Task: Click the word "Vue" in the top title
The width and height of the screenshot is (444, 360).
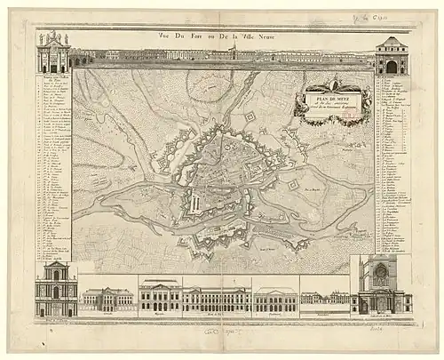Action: pyautogui.click(x=165, y=36)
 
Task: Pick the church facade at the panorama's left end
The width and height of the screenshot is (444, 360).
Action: pyautogui.click(x=54, y=53)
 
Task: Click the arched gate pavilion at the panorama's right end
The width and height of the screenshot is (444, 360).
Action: pyautogui.click(x=392, y=55)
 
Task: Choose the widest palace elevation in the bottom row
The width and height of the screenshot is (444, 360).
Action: pyautogui.click(x=217, y=300)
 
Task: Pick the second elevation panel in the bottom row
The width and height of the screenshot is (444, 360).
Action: pyautogui.click(x=107, y=300)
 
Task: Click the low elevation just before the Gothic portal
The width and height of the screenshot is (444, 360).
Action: pyautogui.click(x=324, y=300)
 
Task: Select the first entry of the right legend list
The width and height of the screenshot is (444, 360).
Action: pyautogui.click(x=392, y=81)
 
